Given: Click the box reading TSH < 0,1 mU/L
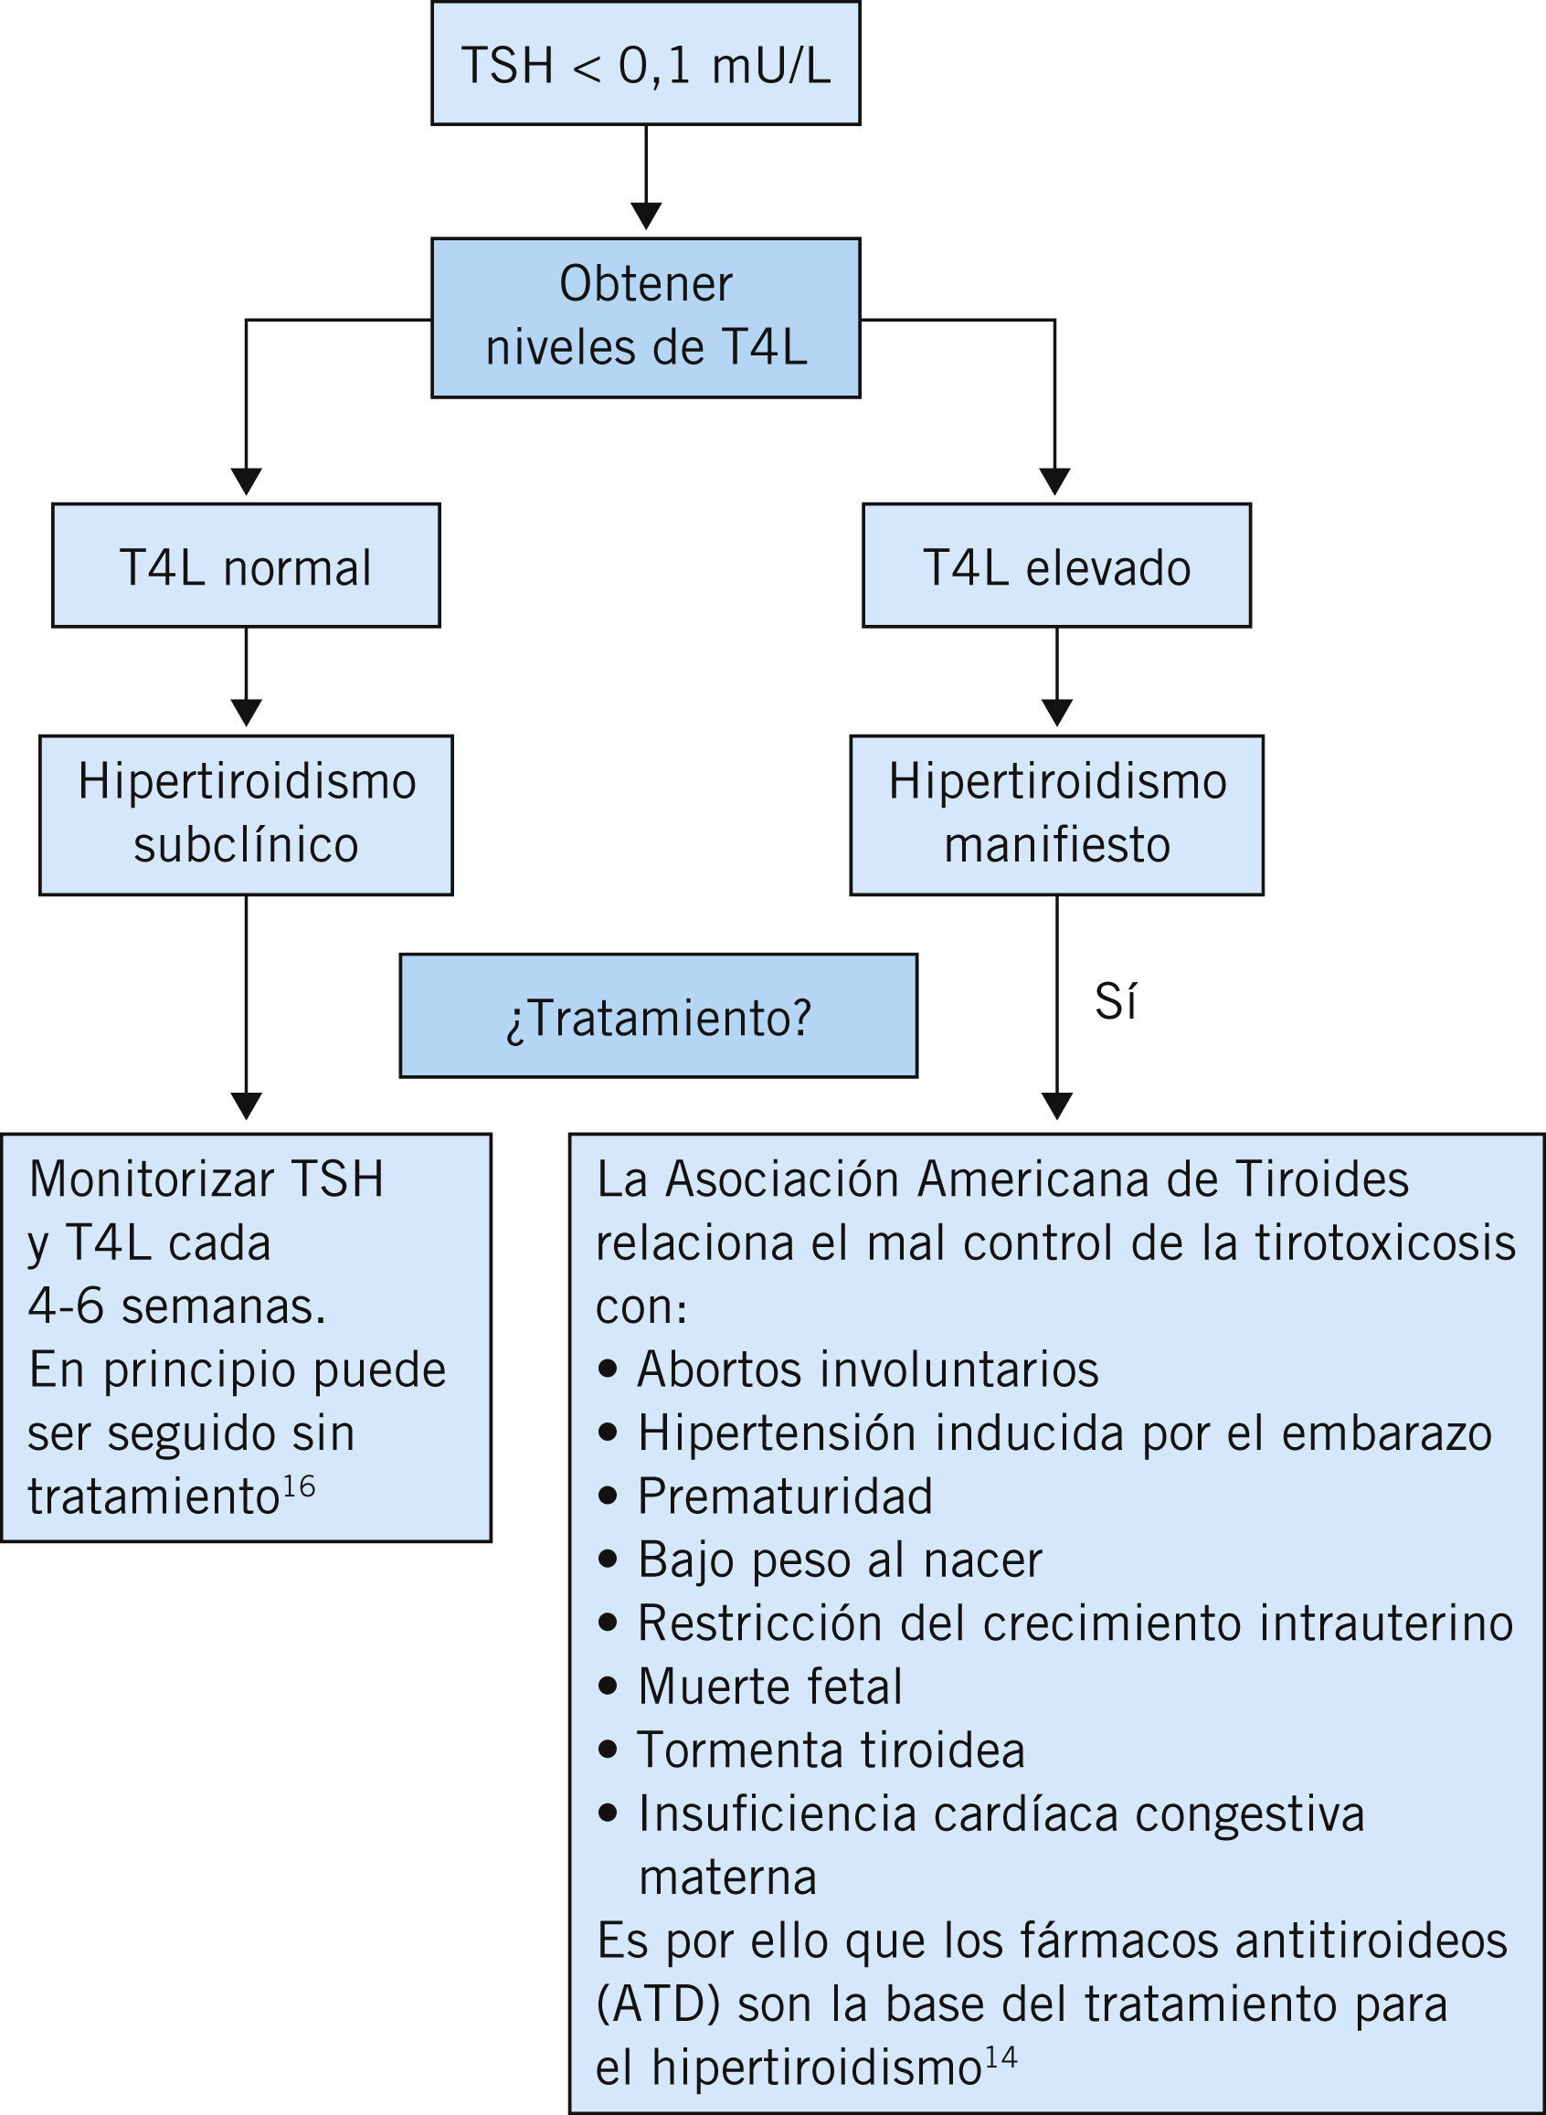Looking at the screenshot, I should pos(646,64).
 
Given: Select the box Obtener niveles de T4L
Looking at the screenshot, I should pos(646,317).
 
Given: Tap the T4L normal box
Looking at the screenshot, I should pos(245,566).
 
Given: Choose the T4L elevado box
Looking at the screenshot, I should pos(1056,566).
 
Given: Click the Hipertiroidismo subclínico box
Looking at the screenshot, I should pos(245,814).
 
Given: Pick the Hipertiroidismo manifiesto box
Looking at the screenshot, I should pos(1056,814).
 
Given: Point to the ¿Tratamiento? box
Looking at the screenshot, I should pos(658,1015).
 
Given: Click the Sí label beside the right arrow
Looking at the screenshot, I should pos(1116,1002).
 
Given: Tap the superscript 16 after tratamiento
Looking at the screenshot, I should pos(299,1487).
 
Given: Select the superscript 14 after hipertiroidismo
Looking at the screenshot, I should pos(1001,2060).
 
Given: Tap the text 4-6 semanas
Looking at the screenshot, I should pos(177,1306).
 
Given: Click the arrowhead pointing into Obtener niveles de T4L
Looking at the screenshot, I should pos(646,216).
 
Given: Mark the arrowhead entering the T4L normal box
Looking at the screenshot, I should pos(246,481).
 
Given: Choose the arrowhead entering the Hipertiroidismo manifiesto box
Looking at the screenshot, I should pos(1056,713).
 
